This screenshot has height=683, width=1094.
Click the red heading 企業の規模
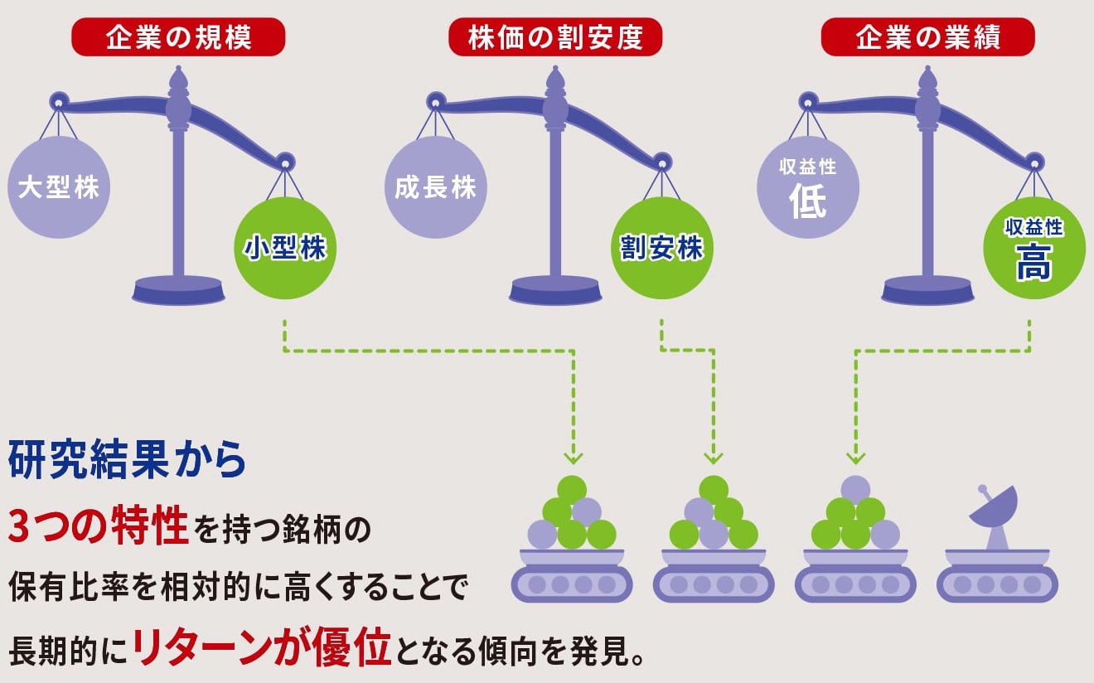pyautogui.click(x=177, y=38)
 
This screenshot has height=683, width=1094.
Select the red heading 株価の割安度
pyautogui.click(x=554, y=38)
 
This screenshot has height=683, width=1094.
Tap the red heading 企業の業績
pyautogui.click(x=927, y=38)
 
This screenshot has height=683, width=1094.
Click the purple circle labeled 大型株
pyautogui.click(x=58, y=187)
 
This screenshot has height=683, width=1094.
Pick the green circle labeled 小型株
pyautogui.click(x=285, y=248)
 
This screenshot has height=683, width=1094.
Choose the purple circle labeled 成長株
pyautogui.click(x=436, y=187)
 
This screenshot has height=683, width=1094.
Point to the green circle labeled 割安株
pyautogui.click(x=661, y=248)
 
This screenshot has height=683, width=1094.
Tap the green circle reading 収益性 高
pyautogui.click(x=1033, y=248)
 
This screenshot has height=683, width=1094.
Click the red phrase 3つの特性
pyautogui.click(x=99, y=527)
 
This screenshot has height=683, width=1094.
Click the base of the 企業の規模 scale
pyautogui.click(x=178, y=291)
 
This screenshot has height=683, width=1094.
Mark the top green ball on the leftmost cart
pyautogui.click(x=572, y=490)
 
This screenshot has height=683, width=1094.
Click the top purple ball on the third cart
pyautogui.click(x=855, y=490)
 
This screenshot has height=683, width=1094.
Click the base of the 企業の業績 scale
pyautogui.click(x=927, y=291)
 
